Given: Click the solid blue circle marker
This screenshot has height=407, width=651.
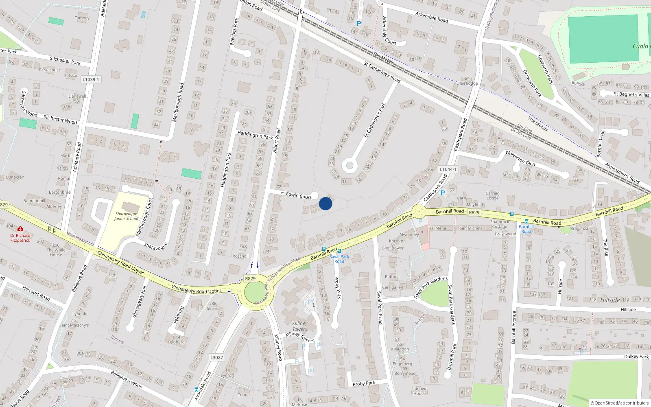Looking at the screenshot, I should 325,203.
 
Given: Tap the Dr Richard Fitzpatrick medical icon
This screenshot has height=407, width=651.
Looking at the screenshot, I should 20,229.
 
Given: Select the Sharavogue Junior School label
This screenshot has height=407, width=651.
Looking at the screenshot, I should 126,216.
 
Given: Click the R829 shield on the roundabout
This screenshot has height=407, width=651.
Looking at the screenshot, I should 250,278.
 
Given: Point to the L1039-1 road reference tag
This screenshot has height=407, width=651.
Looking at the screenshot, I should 90,79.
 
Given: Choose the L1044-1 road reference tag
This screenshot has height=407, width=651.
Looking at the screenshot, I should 448,169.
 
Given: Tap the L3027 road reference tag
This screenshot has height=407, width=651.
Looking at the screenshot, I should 216,357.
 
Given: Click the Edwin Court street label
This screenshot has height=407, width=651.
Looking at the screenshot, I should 299,196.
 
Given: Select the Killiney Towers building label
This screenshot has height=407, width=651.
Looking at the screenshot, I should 300,326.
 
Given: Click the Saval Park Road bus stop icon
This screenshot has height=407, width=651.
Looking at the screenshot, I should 339,251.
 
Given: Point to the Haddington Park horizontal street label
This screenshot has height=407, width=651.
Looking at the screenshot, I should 255,135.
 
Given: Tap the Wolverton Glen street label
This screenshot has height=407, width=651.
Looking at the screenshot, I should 520,158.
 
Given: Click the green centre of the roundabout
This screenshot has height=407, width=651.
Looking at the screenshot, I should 255,292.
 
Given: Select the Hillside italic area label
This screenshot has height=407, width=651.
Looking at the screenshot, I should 610,300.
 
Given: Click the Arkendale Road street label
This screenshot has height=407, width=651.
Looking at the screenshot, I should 431,17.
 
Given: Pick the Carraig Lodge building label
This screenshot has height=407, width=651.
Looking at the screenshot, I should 492,196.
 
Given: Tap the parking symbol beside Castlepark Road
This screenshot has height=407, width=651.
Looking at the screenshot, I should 443,193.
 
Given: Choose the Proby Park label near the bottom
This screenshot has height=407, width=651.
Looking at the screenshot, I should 364,383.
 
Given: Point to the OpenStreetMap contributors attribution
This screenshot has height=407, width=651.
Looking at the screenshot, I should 619,403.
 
